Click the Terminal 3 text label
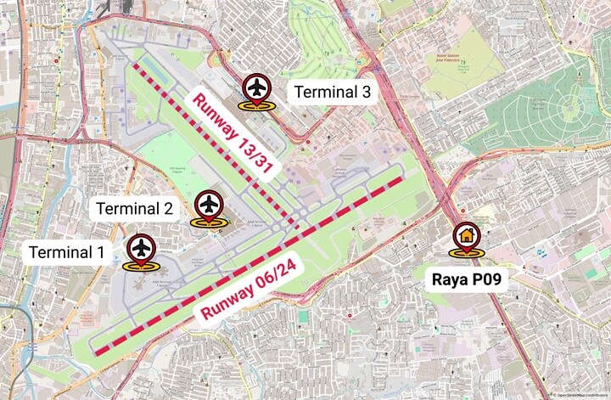(x=333, y=93)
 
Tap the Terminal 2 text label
(x=135, y=208)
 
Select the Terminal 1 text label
(x=66, y=252)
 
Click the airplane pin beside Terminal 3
(x=256, y=88)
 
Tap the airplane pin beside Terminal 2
(x=209, y=206)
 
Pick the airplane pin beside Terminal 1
(x=141, y=250)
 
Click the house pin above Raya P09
(x=466, y=236)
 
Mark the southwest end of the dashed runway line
(x=96, y=351)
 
